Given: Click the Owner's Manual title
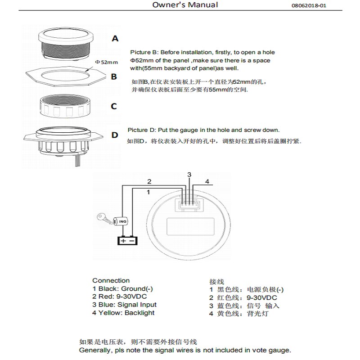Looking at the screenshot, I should (x=185, y=5).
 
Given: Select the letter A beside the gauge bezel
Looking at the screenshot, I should (x=115, y=39).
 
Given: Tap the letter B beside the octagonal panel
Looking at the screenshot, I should (x=114, y=77).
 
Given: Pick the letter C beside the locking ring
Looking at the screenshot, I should (x=114, y=107).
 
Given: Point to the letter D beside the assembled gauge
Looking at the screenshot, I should (x=115, y=135).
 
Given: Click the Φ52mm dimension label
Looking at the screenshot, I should (x=106, y=62).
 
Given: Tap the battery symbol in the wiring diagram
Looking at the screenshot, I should (x=126, y=240).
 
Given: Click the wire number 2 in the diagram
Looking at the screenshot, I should (x=148, y=181).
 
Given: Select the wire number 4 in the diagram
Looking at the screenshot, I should (x=207, y=181).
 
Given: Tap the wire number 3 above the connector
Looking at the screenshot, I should (x=189, y=174).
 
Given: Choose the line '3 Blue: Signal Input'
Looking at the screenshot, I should (x=124, y=305).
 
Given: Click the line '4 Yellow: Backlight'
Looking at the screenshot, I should (x=123, y=313).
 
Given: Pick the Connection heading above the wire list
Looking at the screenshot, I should (x=111, y=280).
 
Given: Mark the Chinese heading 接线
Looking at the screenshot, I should (x=216, y=281).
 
